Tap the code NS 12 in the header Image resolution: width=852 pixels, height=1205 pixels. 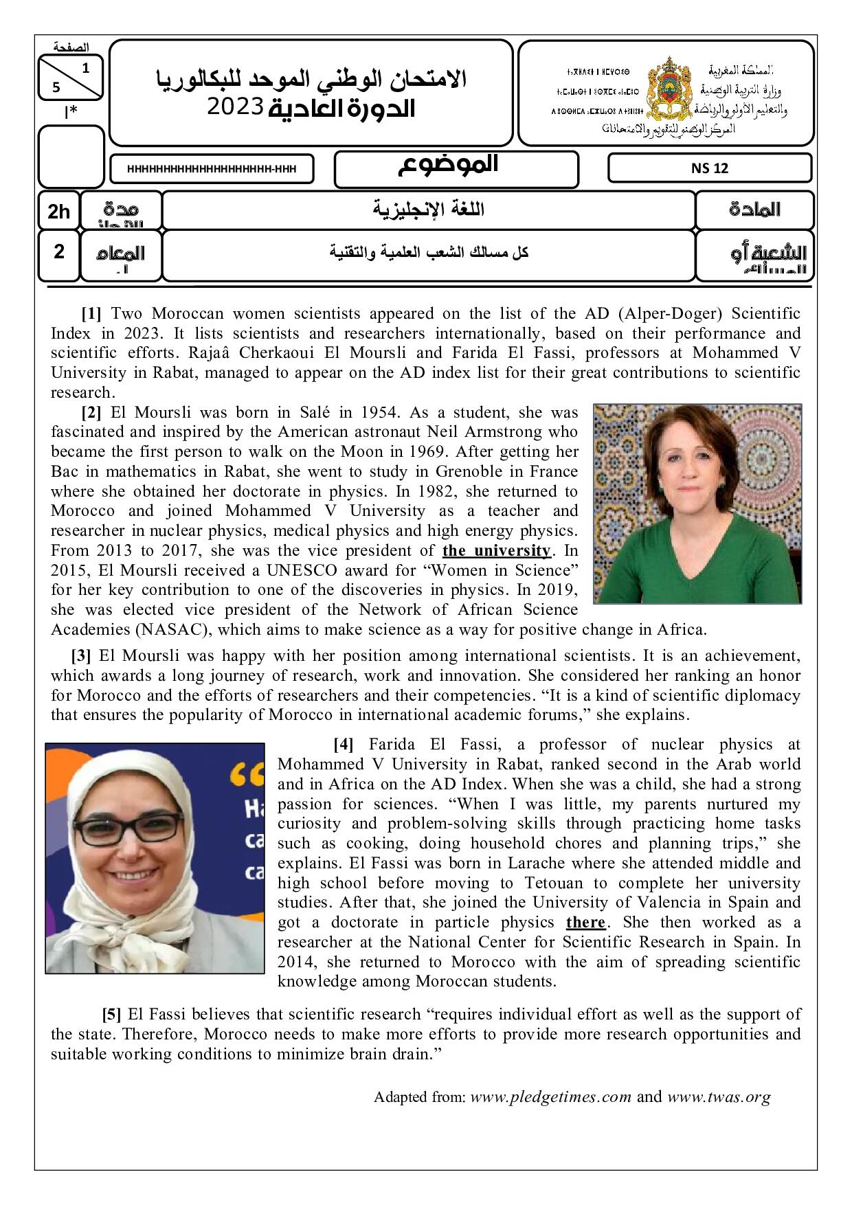coord(710,168)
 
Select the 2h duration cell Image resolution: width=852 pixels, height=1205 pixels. coord(58,211)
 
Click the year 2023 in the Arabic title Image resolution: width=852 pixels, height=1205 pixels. coord(236,107)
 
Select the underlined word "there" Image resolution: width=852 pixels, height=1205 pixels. coord(585,922)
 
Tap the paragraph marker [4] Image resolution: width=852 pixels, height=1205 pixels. coord(344,744)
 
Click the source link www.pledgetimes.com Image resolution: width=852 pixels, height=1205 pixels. coord(550,1097)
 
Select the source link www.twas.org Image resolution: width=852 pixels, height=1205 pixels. coord(719,1097)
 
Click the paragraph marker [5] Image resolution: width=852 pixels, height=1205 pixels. coord(112,1014)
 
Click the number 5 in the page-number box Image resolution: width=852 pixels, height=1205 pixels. coord(56,87)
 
